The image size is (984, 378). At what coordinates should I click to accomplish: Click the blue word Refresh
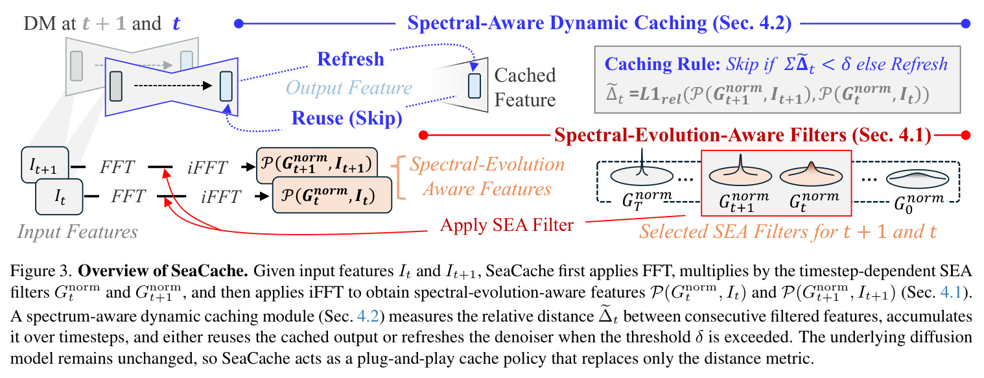click(x=351, y=59)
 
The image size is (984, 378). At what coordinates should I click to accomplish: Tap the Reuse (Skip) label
click(x=347, y=118)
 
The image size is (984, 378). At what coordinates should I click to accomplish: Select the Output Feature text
click(x=349, y=88)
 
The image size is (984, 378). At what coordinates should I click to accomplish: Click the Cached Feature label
click(x=525, y=88)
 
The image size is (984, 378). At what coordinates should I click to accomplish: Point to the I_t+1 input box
click(x=45, y=165)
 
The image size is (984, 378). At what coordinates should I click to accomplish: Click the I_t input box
click(x=59, y=196)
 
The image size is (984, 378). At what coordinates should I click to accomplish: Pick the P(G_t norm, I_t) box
click(x=332, y=195)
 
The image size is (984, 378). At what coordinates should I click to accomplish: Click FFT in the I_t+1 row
click(x=117, y=167)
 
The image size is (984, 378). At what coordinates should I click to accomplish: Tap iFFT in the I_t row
click(x=221, y=196)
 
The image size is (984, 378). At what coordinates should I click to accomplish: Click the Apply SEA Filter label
click(x=506, y=224)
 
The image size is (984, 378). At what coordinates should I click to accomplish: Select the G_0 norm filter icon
click(x=918, y=178)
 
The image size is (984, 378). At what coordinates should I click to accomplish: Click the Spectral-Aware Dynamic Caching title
click(x=599, y=23)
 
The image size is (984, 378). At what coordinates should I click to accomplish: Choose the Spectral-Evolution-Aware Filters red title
click(x=743, y=135)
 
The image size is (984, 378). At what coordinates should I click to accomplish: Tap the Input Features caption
click(x=77, y=231)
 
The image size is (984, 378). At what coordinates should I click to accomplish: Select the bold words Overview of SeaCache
click(x=163, y=271)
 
